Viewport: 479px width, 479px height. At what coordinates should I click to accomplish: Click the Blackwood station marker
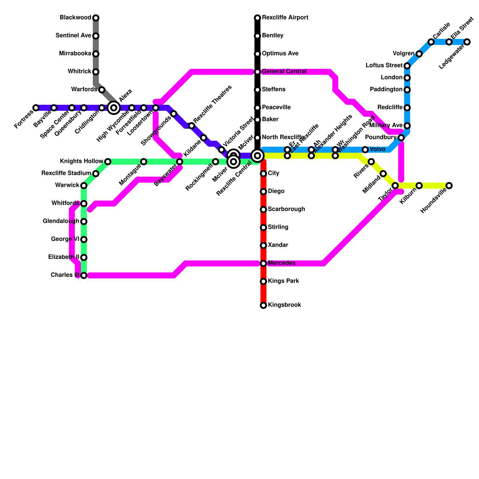click(x=96, y=18)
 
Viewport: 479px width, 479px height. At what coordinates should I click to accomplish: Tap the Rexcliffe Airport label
click(x=285, y=18)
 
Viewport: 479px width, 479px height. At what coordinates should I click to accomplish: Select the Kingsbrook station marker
click(x=263, y=305)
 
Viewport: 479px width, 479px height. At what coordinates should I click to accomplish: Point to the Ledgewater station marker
click(x=467, y=42)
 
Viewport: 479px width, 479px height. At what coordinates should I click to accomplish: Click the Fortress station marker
click(x=36, y=108)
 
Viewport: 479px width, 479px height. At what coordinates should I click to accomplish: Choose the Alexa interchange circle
click(x=114, y=108)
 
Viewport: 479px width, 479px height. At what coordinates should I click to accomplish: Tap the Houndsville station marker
click(x=449, y=186)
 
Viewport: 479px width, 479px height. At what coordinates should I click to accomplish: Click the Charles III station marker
click(x=84, y=275)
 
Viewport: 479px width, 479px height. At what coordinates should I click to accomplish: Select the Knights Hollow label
click(x=81, y=161)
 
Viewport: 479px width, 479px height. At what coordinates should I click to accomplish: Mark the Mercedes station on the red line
click(x=263, y=263)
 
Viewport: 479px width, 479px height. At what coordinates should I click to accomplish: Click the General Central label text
click(x=284, y=72)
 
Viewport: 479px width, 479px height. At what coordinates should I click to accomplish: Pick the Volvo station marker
click(x=365, y=150)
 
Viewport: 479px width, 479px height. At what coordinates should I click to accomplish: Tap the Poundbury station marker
click(x=401, y=138)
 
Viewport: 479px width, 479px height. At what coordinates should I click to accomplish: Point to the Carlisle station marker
click(x=431, y=42)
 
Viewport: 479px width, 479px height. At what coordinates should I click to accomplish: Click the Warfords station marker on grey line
click(x=102, y=90)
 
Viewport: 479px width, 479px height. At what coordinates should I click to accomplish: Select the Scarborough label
click(x=287, y=209)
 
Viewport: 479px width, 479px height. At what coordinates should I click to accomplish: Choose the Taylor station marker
click(x=395, y=186)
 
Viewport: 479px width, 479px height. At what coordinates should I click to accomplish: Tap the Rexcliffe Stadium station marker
click(x=96, y=174)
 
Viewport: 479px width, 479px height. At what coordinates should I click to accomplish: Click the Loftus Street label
click(x=384, y=66)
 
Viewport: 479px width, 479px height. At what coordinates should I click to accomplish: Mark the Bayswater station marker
click(x=180, y=162)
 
